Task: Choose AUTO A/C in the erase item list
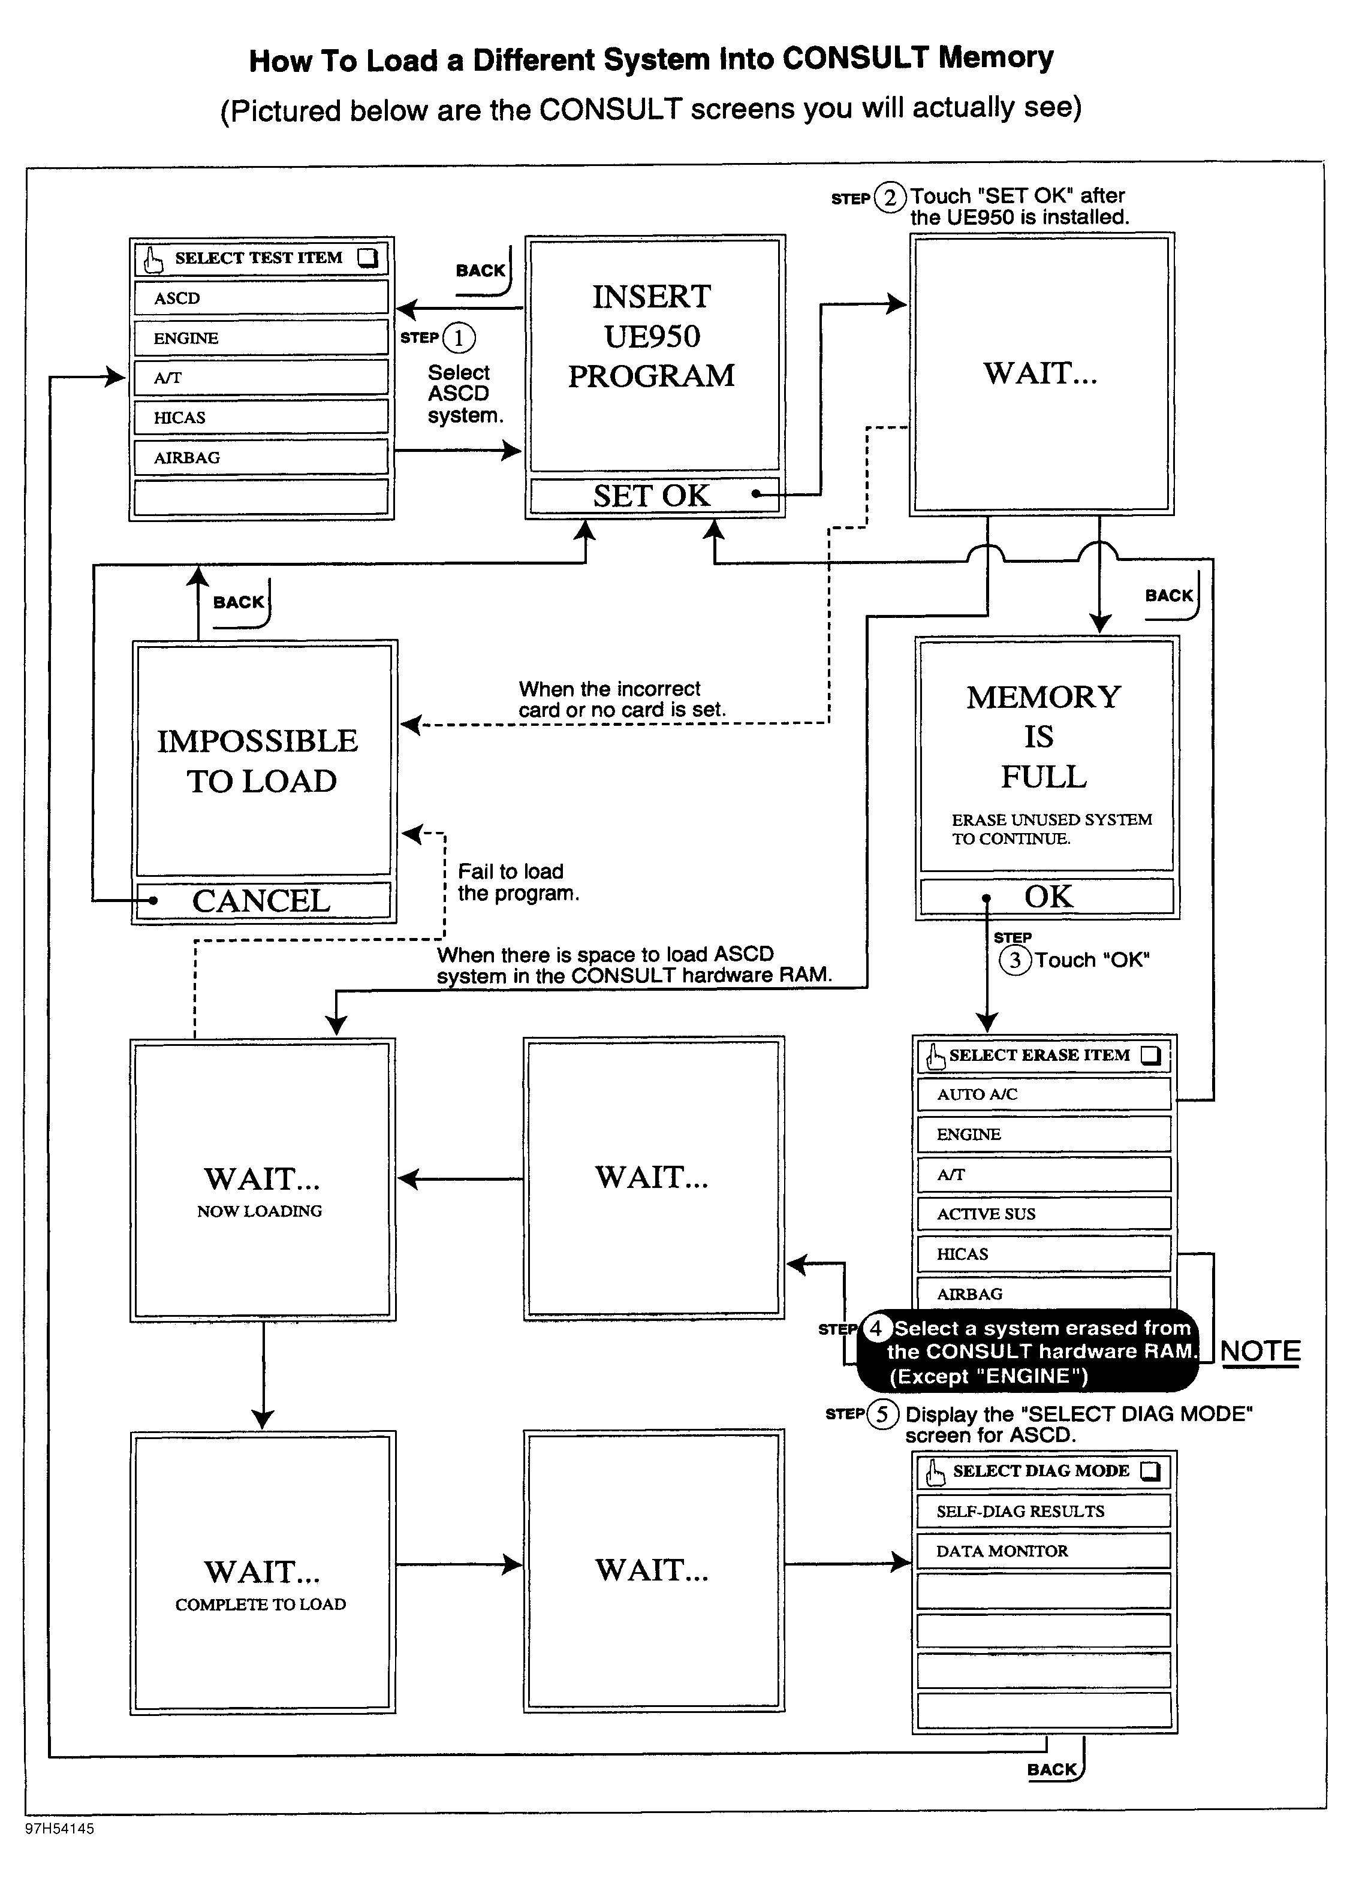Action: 1043,1094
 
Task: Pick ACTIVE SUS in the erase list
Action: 1043,1214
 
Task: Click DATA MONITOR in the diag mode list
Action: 1043,1551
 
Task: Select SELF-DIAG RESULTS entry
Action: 1043,1511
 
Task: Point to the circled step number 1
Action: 458,338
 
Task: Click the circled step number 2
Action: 890,198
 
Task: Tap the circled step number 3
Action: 1015,960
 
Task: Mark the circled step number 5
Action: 882,1413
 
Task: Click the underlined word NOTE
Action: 1259,1351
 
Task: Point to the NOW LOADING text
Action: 260,1211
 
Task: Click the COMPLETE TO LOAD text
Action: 260,1604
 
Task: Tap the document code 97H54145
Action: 60,1829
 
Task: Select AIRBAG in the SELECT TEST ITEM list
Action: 260,457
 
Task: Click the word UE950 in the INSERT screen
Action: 652,336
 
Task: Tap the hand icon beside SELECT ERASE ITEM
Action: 935,1056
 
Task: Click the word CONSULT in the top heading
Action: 856,58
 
